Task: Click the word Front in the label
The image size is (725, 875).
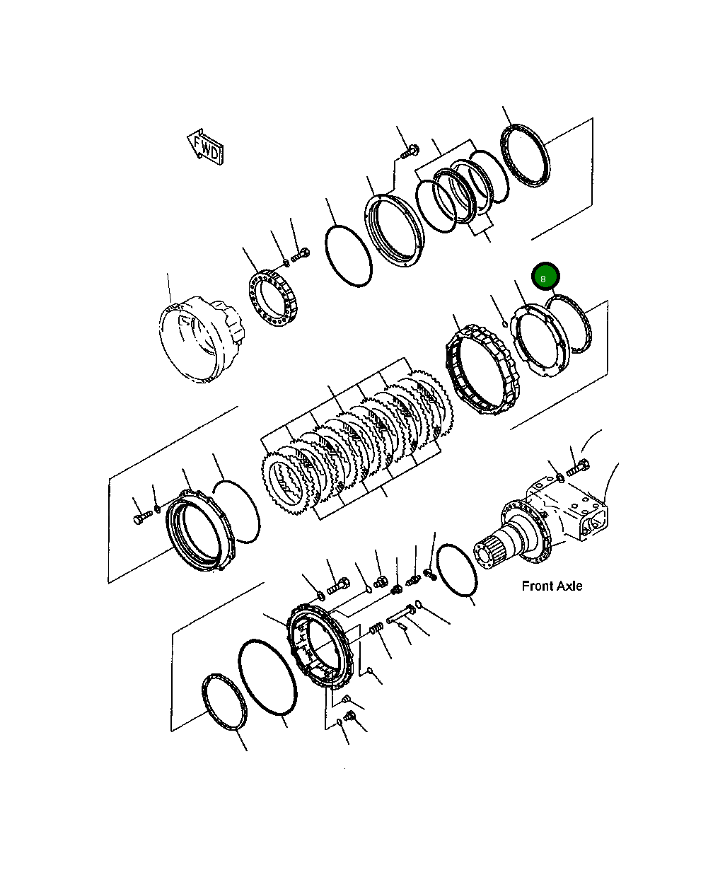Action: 537,586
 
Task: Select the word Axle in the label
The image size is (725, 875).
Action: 569,586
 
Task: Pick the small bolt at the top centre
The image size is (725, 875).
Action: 410,151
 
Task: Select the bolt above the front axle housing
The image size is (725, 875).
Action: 577,467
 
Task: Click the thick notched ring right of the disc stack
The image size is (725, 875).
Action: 482,371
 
